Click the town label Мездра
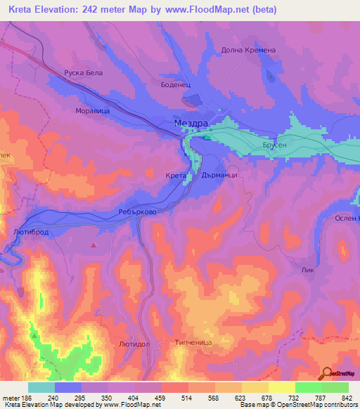[x=191, y=123]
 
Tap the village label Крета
[x=176, y=175]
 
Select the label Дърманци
[x=224, y=175]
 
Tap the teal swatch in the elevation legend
[x=41, y=387]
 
